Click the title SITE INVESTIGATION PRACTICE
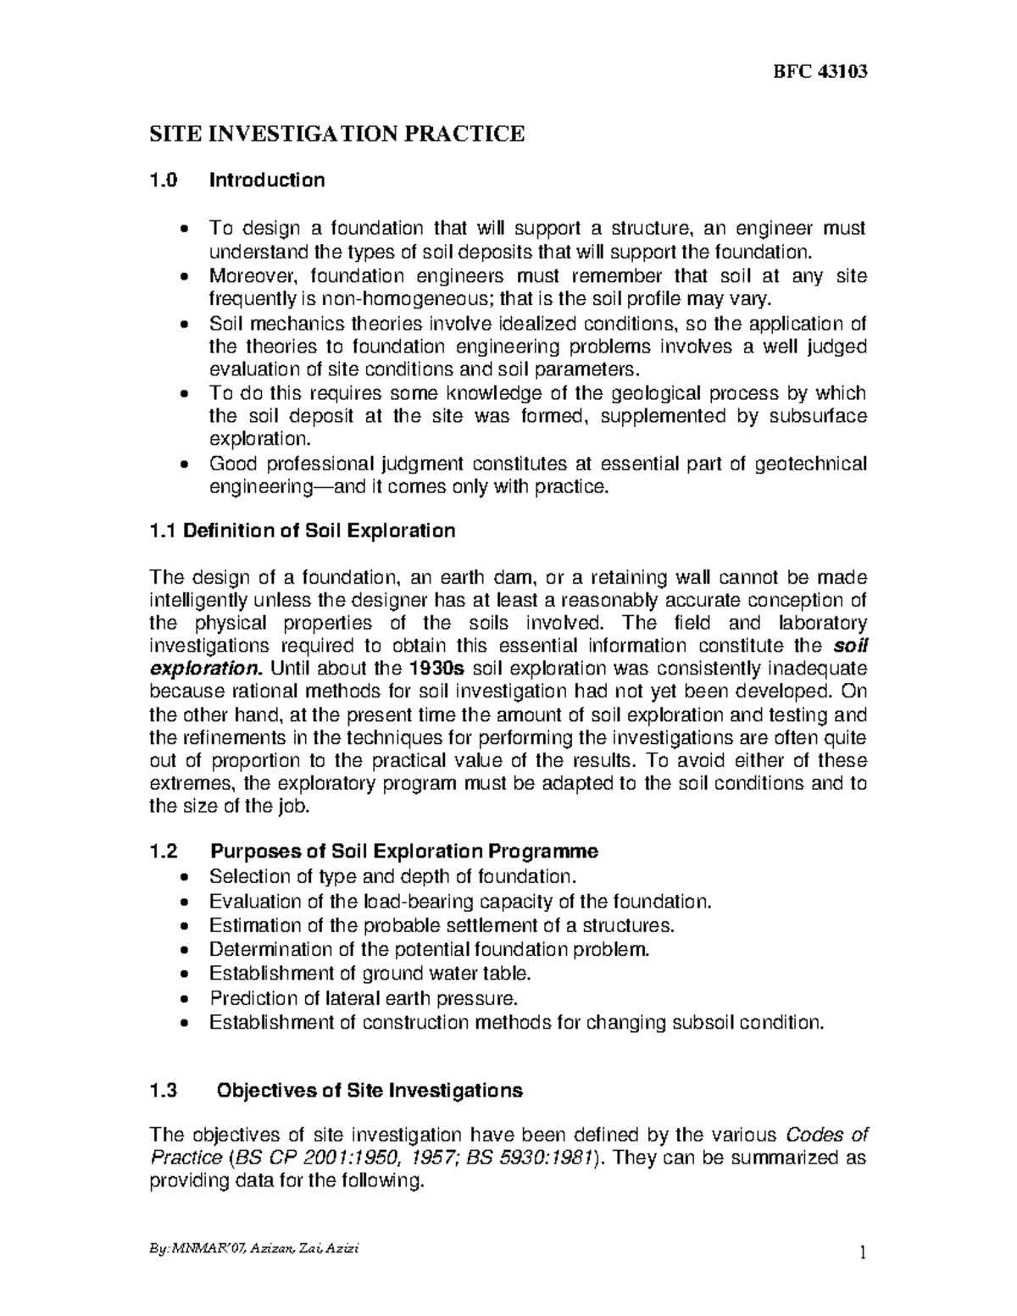click(x=337, y=133)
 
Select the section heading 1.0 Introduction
click(x=236, y=180)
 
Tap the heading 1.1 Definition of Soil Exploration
click(x=302, y=531)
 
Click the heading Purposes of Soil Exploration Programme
click(x=403, y=852)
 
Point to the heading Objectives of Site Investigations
click(x=370, y=1091)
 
